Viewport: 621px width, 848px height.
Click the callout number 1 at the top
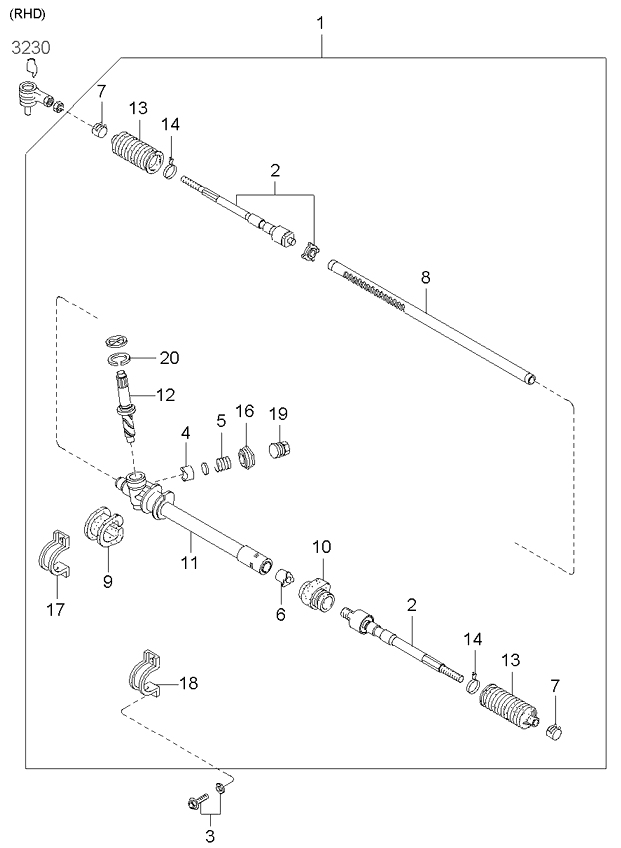click(320, 23)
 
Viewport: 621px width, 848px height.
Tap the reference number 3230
click(31, 48)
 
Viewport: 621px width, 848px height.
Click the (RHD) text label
click(27, 14)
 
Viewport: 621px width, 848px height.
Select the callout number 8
click(426, 277)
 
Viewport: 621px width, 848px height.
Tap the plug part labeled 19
click(280, 448)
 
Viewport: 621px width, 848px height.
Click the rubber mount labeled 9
click(104, 526)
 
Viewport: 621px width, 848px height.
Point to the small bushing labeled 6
click(284, 578)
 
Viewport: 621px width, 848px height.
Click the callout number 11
click(189, 562)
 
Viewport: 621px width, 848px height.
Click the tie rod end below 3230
click(35, 95)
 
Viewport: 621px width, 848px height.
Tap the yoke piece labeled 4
click(186, 473)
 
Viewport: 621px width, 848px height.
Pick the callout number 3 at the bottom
click(210, 836)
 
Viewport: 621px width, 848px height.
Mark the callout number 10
click(321, 546)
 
